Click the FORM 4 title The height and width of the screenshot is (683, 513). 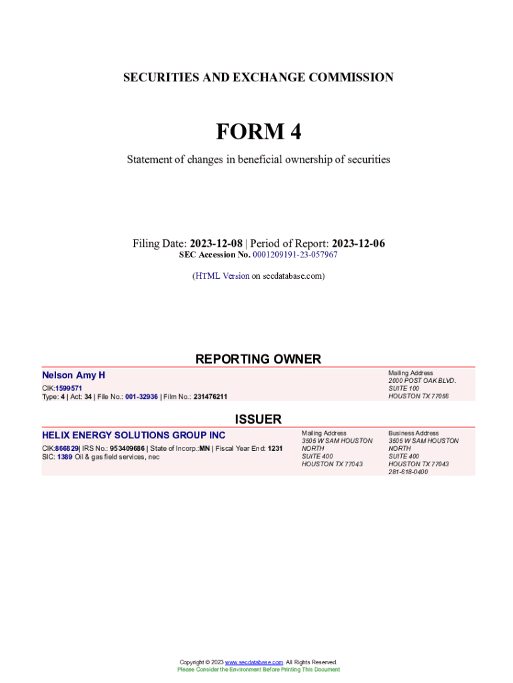[x=258, y=132]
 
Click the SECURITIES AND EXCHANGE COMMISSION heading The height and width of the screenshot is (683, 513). [x=258, y=77]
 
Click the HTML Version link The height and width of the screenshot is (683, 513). [x=222, y=275]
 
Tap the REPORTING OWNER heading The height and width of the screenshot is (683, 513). [x=258, y=359]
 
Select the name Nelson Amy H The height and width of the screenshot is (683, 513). [x=73, y=376]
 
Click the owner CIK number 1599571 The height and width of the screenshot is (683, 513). [x=69, y=388]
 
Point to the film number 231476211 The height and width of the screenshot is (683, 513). [x=210, y=397]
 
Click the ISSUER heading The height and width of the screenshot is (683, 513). [x=258, y=419]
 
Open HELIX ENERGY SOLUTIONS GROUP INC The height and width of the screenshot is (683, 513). [x=133, y=436]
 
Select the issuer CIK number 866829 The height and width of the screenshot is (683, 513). [x=67, y=448]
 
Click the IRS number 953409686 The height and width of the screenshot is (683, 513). [x=127, y=448]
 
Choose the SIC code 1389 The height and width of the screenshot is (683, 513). [x=65, y=457]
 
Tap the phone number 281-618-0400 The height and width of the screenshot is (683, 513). [x=408, y=472]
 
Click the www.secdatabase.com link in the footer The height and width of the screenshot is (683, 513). [x=255, y=662]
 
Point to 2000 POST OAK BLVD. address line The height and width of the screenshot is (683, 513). [x=422, y=380]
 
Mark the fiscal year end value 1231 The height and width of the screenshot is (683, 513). [x=275, y=448]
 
